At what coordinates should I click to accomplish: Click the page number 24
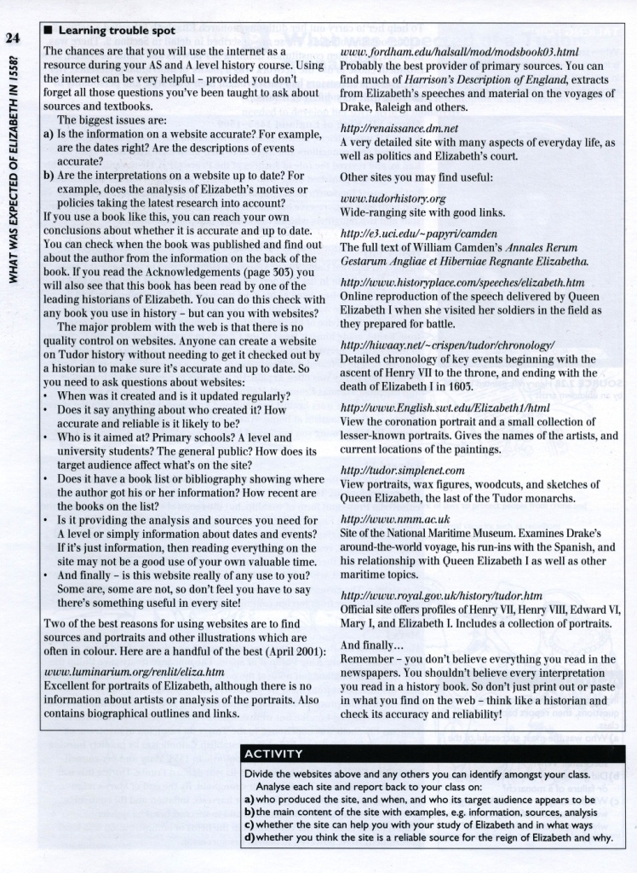(x=12, y=38)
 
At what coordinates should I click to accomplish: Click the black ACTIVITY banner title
(x=273, y=753)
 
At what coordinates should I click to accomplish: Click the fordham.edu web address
(x=459, y=52)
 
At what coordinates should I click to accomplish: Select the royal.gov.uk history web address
(x=441, y=595)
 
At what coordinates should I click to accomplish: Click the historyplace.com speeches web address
(x=462, y=281)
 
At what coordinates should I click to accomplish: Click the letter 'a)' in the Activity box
(x=249, y=801)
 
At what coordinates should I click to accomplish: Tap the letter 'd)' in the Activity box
(x=249, y=837)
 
